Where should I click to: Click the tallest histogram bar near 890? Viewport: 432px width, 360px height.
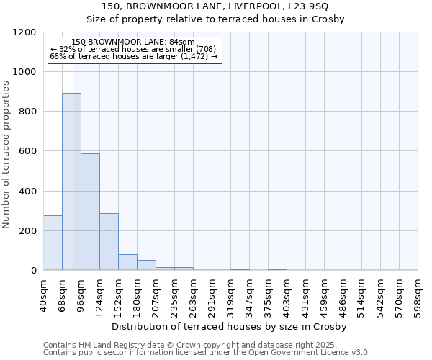(x=71, y=181)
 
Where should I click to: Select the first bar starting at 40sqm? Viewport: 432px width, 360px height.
(x=53, y=243)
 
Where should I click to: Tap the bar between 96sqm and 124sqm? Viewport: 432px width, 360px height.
(x=90, y=212)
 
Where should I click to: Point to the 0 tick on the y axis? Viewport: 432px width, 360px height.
(x=34, y=271)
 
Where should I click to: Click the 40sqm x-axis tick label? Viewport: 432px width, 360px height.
(x=43, y=295)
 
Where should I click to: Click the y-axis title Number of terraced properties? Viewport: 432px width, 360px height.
(x=7, y=155)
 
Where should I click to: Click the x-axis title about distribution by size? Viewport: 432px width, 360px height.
(x=230, y=327)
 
